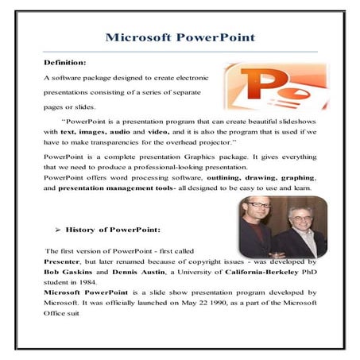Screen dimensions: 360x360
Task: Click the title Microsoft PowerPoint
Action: tap(180, 37)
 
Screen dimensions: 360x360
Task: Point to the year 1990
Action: tap(214, 303)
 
